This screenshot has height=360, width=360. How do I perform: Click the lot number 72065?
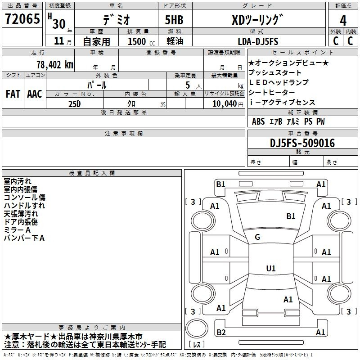point(22,19)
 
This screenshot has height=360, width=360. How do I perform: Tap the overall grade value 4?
point(343,21)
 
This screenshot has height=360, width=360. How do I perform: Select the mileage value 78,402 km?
point(55,65)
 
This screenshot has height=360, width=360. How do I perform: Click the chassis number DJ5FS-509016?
point(302,143)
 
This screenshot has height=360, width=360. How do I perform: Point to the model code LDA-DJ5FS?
point(258,41)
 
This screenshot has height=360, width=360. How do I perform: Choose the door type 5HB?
point(174,20)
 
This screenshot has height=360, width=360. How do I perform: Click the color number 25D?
point(75,104)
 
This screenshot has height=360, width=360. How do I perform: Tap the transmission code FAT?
point(13,94)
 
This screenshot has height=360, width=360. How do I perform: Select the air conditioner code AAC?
point(35,94)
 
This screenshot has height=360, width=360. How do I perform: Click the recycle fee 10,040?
point(225,104)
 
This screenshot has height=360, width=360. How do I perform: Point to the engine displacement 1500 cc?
point(141,41)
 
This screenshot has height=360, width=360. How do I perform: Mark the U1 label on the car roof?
point(271,268)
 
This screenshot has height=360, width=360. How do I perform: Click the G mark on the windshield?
point(257,237)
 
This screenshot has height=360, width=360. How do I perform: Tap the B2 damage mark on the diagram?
point(221,332)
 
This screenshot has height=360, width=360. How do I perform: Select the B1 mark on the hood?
point(291,216)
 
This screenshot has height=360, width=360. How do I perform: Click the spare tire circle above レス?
point(197,328)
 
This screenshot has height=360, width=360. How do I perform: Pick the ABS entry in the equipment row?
point(258,121)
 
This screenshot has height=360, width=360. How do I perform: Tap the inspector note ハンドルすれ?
point(24,206)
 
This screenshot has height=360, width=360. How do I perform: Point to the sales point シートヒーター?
point(272,92)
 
